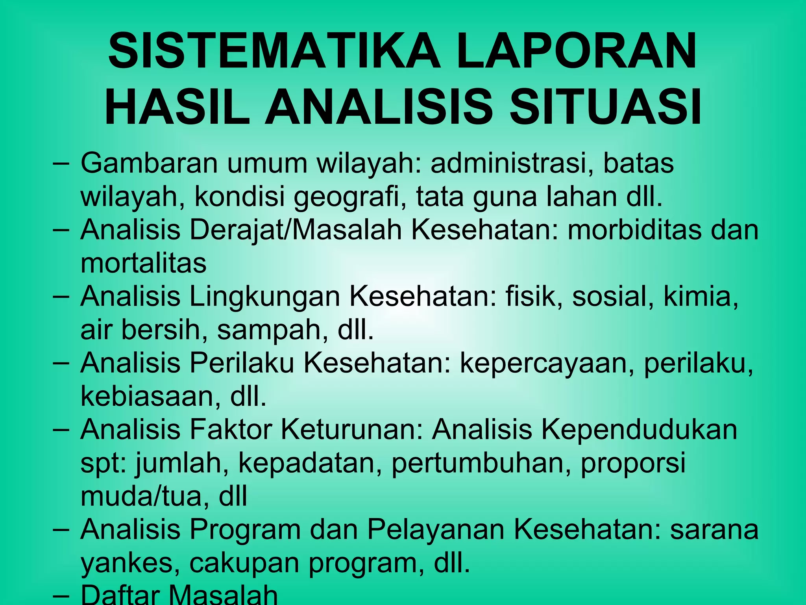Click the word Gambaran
[149, 163]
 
